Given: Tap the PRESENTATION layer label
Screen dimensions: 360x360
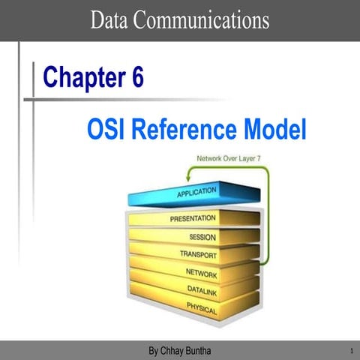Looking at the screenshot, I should point(193,218).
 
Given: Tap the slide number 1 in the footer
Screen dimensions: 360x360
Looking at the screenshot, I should point(351,351).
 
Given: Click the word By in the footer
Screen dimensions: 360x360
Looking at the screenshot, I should point(154,351).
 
